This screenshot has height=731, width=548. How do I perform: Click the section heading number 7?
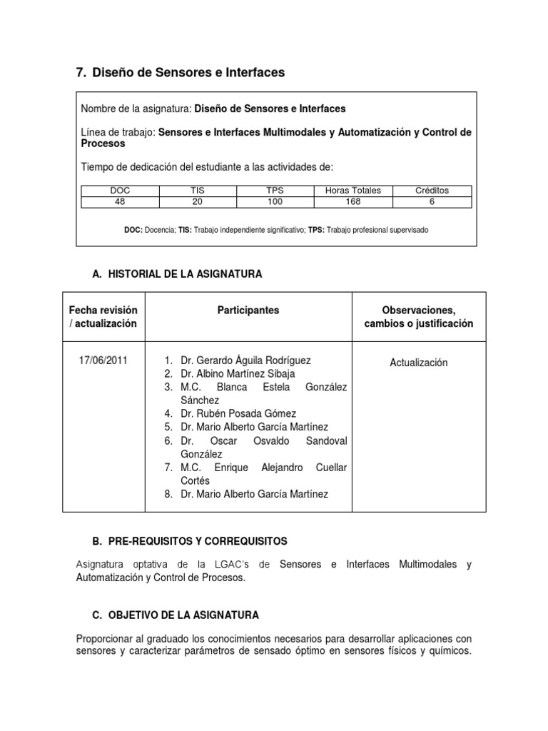(x=80, y=73)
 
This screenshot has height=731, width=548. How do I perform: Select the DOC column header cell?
(x=121, y=191)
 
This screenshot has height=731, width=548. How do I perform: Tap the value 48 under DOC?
(x=121, y=201)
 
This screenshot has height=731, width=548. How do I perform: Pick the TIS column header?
(x=198, y=191)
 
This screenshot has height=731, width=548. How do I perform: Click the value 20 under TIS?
(x=198, y=201)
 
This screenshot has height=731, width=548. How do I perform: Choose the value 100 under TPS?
(x=275, y=201)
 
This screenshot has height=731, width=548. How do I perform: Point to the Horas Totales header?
(x=352, y=191)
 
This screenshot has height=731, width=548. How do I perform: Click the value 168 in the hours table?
(x=352, y=201)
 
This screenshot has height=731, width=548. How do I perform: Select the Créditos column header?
(x=432, y=191)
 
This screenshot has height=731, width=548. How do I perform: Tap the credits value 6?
(x=432, y=201)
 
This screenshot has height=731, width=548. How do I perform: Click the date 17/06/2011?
(x=103, y=361)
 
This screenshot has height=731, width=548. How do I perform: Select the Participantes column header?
(x=248, y=311)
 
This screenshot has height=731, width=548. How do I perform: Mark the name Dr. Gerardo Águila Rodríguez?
(x=245, y=361)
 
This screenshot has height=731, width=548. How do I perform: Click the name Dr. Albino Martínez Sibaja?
(x=238, y=374)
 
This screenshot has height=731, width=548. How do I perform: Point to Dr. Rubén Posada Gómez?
(x=238, y=414)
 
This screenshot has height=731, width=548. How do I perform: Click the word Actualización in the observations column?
(x=418, y=363)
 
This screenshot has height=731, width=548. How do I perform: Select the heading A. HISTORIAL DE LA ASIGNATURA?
(x=178, y=274)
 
